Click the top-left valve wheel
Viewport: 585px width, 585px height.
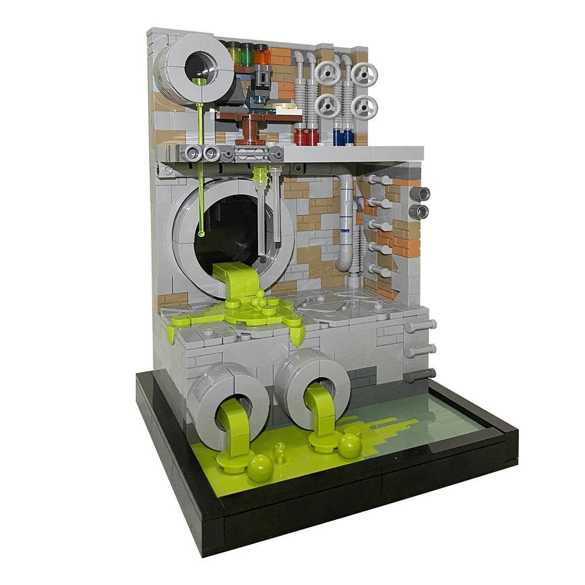pyautogui.click(x=327, y=74)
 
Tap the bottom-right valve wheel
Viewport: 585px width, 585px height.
pyautogui.click(x=365, y=107)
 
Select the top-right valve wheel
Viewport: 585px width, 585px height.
pyautogui.click(x=365, y=75)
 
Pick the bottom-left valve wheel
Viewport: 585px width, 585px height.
pyautogui.click(x=327, y=106)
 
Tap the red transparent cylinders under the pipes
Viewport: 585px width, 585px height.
pyautogui.click(x=306, y=136)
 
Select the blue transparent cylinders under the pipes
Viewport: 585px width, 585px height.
pyautogui.click(x=343, y=136)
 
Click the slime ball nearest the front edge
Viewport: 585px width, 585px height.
pyautogui.click(x=260, y=468)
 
